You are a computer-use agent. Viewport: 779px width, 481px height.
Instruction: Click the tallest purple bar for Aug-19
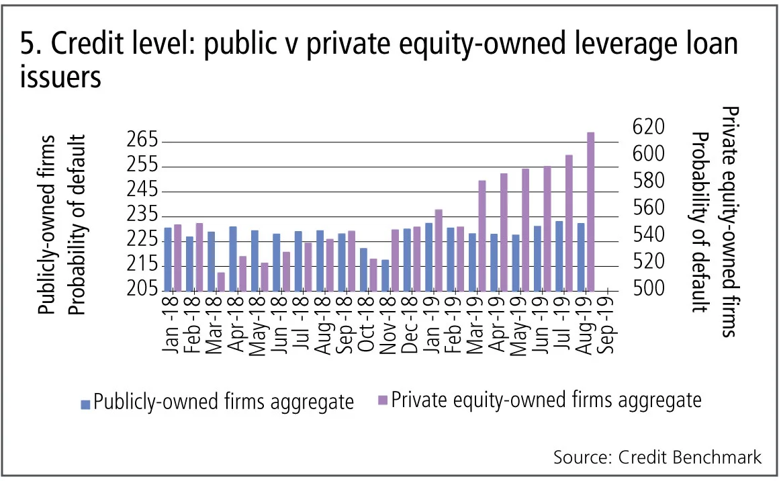pos(590,212)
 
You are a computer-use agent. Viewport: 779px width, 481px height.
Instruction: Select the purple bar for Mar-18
pos(221,281)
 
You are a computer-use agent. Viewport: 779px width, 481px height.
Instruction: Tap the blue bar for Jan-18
pos(168,259)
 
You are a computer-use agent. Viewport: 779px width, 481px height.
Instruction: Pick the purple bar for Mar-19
pos(482,235)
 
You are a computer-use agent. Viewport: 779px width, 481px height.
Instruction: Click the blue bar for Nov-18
pos(385,275)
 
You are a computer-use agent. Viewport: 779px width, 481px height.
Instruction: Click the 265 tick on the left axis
pos(141,142)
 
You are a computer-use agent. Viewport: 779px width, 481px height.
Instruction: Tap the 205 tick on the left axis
pos(141,290)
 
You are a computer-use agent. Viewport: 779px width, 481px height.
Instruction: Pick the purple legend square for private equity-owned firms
pos(383,401)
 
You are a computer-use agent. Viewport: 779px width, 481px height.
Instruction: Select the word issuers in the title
pos(60,78)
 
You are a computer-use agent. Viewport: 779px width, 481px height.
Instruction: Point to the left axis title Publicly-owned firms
pos(47,225)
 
